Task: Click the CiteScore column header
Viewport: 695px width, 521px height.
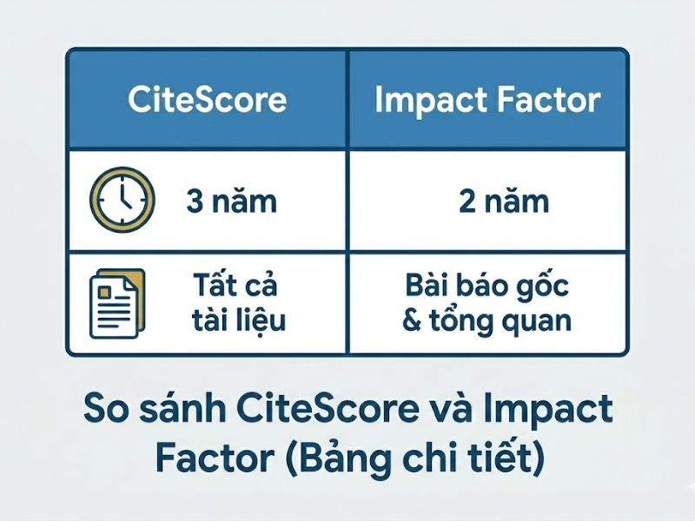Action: click(x=207, y=100)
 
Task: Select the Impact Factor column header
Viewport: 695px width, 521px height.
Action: click(x=487, y=100)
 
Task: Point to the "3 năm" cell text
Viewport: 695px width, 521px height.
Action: click(x=231, y=201)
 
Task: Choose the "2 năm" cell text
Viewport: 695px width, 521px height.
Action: click(x=504, y=201)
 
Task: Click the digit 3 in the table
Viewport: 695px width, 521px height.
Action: click(x=195, y=201)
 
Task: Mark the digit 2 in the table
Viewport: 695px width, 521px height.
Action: click(x=467, y=201)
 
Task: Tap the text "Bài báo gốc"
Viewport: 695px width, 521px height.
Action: click(x=487, y=285)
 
